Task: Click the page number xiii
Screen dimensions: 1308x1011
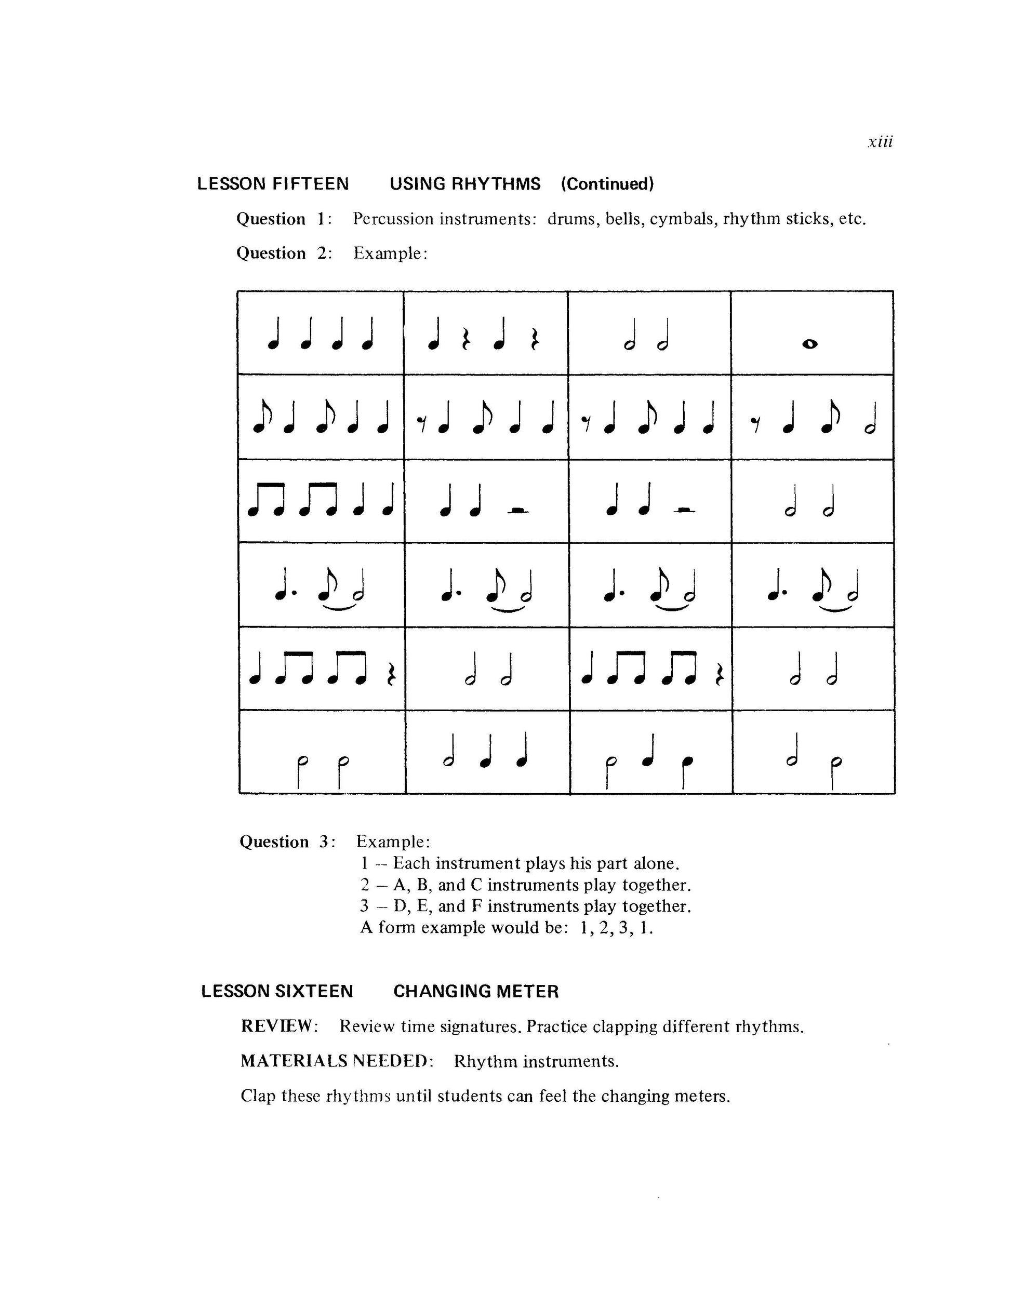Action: (880, 142)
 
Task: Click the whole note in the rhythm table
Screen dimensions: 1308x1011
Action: (810, 344)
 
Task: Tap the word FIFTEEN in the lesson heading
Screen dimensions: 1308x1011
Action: (310, 184)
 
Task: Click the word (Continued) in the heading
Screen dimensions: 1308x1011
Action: (607, 184)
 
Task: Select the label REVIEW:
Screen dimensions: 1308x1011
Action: (279, 1026)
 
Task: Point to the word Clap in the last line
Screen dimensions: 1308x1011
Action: (258, 1096)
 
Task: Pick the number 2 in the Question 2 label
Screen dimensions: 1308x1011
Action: (323, 253)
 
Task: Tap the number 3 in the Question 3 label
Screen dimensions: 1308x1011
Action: (326, 842)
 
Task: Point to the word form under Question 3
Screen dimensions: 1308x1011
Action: (396, 928)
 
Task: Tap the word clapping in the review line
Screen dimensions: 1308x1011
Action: (623, 1027)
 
